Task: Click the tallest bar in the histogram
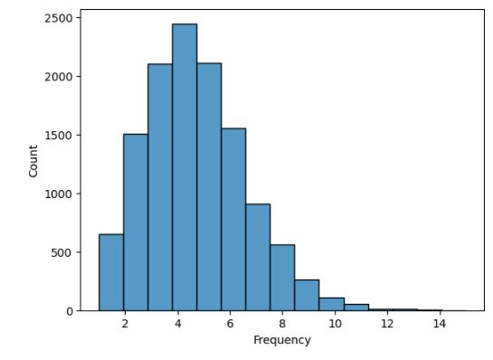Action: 185,167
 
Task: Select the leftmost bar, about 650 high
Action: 111,272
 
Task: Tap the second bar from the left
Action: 136,223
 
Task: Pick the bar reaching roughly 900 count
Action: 258,257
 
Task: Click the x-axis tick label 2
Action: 125,324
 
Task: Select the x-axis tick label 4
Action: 177,324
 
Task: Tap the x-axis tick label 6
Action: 230,324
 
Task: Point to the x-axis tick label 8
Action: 282,324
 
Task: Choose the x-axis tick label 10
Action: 335,324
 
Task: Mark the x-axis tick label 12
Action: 387,324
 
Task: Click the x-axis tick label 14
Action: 440,324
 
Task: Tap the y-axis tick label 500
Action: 62,252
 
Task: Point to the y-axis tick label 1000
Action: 60,194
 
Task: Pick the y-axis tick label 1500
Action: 60,136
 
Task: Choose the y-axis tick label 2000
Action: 60,77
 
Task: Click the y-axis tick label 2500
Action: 60,18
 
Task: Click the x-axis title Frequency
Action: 281,341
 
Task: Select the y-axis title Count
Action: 33,160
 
